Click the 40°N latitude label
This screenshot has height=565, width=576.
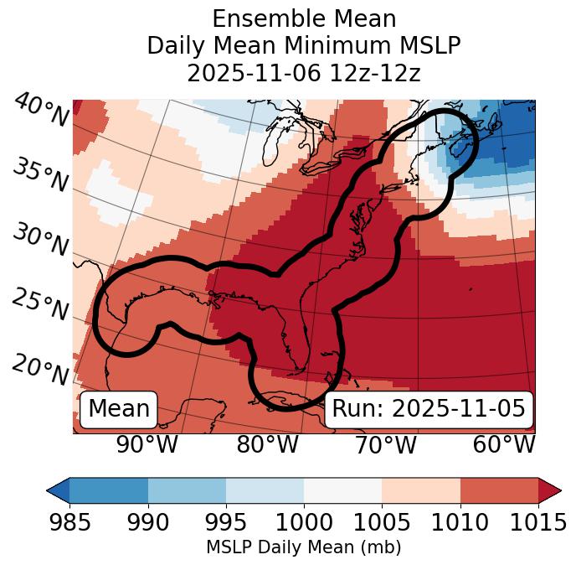pos(40,111)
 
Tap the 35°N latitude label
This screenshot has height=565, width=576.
pos(40,175)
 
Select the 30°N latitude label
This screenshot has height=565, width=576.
pos(40,241)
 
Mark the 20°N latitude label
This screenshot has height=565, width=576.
pos(40,370)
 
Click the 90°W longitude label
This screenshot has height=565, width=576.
pos(147,444)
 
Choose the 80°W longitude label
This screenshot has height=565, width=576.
pos(267,444)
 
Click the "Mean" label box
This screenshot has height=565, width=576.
pos(119,408)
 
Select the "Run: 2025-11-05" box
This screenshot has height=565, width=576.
pos(429,408)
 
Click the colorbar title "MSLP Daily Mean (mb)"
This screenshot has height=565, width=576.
pos(303,547)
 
